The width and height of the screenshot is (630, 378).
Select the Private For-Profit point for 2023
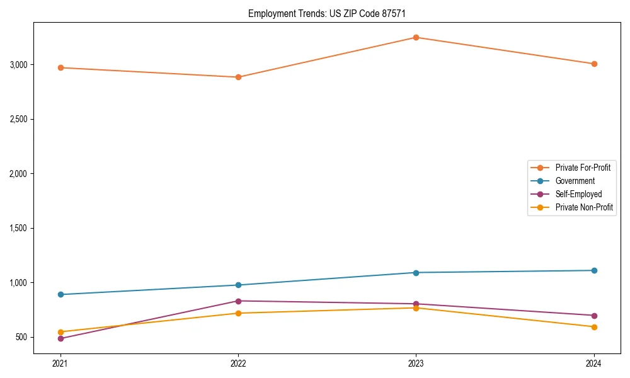(416, 37)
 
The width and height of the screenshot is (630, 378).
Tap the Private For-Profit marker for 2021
(60, 67)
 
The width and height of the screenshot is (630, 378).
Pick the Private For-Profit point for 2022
(238, 77)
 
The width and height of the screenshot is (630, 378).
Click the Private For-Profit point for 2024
(594, 64)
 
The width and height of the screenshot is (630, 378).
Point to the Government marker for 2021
(60, 294)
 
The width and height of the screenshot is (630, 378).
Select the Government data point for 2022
(238, 285)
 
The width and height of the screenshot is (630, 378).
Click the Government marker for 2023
(416, 272)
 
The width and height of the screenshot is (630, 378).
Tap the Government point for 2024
(594, 270)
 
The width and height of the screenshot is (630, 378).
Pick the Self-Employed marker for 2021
(60, 338)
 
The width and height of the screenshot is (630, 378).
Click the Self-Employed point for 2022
(238, 301)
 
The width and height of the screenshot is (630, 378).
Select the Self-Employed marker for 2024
(594, 315)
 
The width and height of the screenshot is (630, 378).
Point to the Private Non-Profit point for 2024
(594, 326)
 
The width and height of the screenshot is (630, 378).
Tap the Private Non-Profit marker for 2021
(60, 331)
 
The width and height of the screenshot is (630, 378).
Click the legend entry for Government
(575, 181)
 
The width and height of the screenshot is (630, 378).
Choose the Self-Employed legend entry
(578, 194)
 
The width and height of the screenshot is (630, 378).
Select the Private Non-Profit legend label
(584, 207)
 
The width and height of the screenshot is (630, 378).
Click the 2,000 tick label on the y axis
(18, 173)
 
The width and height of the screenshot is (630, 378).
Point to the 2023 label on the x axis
(416, 363)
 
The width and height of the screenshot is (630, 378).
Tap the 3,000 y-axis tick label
(18, 64)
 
